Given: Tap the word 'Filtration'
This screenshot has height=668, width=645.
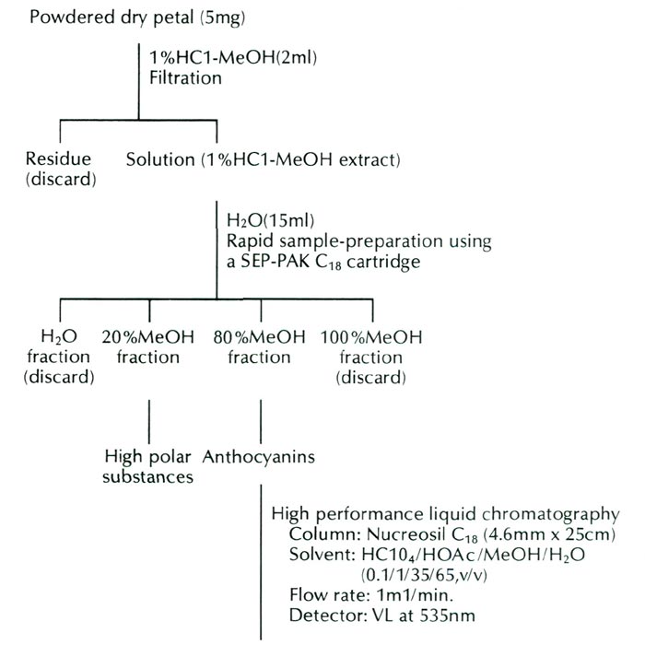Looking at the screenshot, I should pos(185,78).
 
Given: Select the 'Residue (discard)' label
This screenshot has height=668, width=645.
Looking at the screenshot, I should pos(60,170).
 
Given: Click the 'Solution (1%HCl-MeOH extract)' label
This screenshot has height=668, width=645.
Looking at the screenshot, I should pos(263,160).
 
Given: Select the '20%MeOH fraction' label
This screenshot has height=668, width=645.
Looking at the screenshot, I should pos(148,347).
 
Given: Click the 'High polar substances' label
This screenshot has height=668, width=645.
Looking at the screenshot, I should pos(148,466).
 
